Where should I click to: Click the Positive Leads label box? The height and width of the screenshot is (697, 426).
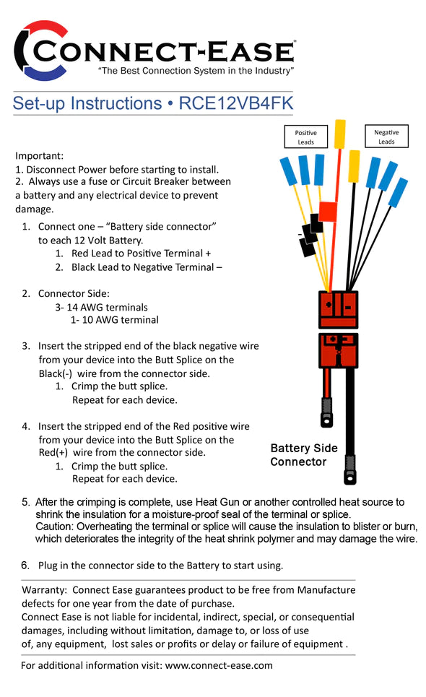tap(306, 137)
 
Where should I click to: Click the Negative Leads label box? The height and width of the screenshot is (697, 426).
tap(386, 137)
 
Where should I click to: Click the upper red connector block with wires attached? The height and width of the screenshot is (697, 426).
tap(338, 309)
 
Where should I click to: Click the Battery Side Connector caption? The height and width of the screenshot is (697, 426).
tap(303, 455)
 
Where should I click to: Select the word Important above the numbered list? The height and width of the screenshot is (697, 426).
tap(40, 156)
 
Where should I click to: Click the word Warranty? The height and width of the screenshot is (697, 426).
tap(44, 590)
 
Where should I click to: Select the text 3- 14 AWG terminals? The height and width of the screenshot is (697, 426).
tap(101, 307)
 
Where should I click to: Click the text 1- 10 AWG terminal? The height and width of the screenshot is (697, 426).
tap(114, 320)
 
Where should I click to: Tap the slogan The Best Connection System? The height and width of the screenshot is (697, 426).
tap(195, 71)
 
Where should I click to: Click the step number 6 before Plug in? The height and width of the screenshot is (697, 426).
tap(25, 565)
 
